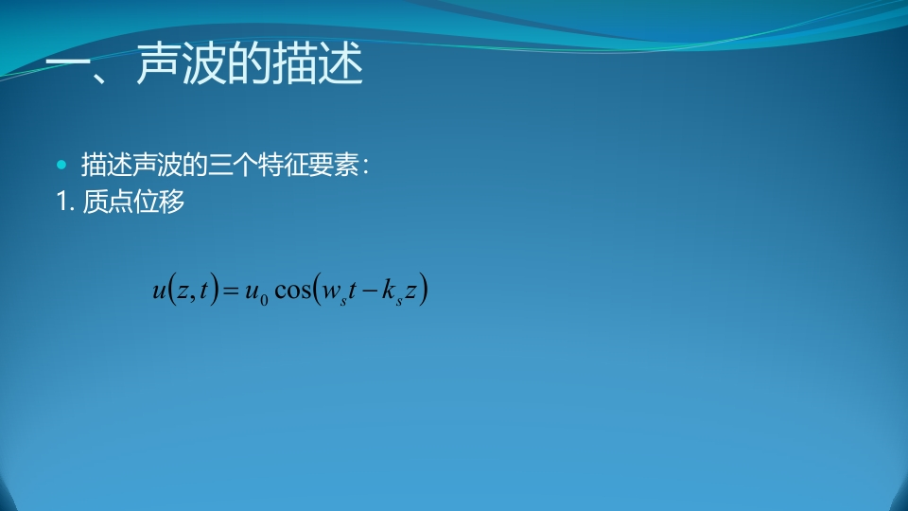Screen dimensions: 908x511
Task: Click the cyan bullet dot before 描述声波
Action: [61, 165]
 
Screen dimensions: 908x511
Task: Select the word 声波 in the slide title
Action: [182, 63]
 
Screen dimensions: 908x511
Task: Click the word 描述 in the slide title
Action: [318, 63]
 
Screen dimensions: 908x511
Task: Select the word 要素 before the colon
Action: [333, 165]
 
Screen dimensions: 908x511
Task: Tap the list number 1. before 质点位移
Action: [65, 202]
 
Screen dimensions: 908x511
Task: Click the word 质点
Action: [108, 202]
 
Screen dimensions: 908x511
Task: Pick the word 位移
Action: [159, 202]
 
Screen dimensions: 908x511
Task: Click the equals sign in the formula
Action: [231, 291]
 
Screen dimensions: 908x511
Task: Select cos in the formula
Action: [292, 291]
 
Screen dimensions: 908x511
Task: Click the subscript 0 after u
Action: [264, 300]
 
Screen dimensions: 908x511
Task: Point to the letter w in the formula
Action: [331, 291]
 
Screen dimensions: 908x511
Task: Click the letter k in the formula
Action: [388, 288]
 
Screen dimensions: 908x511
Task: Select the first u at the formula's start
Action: [159, 291]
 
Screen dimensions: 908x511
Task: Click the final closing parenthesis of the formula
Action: [424, 290]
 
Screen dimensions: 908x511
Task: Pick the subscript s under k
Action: [399, 301]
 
